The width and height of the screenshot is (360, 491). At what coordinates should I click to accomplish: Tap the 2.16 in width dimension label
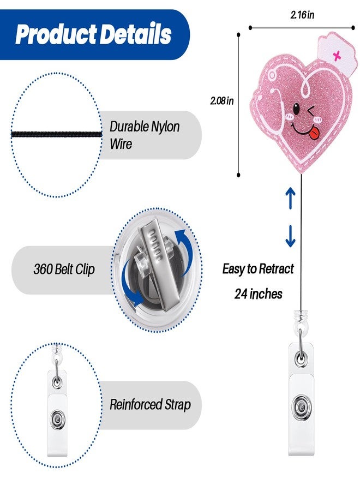click(x=302, y=15)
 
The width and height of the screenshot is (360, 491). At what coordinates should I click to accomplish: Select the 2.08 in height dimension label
click(x=221, y=101)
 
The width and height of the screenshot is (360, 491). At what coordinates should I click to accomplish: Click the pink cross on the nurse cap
click(x=337, y=56)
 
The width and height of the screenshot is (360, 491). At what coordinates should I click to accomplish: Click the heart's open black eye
click(x=296, y=109)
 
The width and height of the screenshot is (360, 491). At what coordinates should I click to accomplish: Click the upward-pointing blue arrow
click(x=291, y=198)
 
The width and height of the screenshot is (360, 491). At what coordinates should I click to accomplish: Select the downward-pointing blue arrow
click(x=290, y=236)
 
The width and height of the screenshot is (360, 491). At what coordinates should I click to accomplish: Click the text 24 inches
click(x=258, y=294)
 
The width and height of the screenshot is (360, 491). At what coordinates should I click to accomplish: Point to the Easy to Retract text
click(x=258, y=268)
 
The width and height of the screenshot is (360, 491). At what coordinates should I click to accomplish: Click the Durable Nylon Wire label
click(x=145, y=135)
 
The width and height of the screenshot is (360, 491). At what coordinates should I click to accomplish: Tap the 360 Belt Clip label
click(x=64, y=270)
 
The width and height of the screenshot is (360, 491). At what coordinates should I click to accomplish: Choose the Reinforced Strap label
click(x=150, y=404)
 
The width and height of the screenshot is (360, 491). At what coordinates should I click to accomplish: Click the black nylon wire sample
click(x=57, y=135)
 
